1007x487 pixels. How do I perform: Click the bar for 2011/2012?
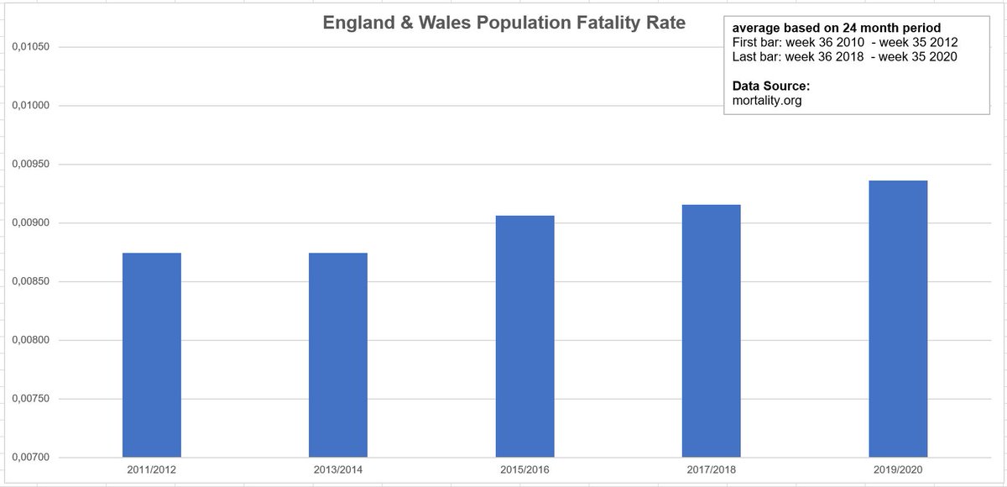tap(152, 354)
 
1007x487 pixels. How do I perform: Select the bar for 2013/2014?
tap(338, 354)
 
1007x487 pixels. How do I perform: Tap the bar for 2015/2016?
tap(524, 336)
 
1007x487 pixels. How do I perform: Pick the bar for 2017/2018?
tap(711, 331)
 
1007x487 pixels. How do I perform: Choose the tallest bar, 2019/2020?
tap(898, 319)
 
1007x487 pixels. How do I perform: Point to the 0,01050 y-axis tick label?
tap(29, 47)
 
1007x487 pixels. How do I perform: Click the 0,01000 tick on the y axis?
tap(29, 106)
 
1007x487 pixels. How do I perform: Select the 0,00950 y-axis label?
tap(29, 165)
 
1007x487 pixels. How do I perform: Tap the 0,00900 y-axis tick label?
tap(29, 223)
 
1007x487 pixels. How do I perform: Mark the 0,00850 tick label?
tap(29, 282)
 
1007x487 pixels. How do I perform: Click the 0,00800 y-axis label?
tap(29, 341)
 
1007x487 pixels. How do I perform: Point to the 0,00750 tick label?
tap(29, 400)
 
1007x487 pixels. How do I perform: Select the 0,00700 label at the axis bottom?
tap(29, 458)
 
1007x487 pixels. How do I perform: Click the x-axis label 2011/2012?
tap(152, 472)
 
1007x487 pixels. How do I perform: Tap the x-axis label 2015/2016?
tap(524, 472)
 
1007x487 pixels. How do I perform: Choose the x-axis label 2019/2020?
tap(898, 472)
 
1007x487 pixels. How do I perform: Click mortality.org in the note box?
tap(767, 101)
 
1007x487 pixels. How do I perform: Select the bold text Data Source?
tap(770, 86)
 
